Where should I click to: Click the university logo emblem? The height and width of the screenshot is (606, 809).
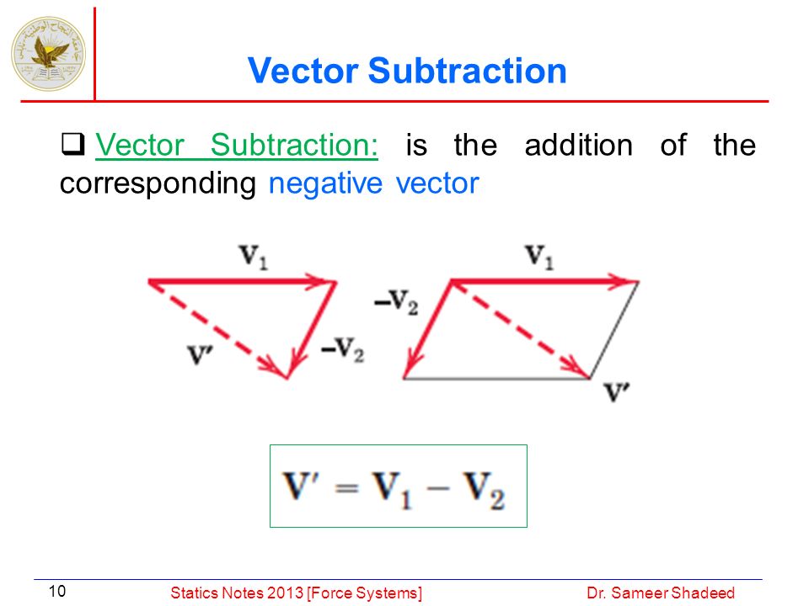pyautogui.click(x=49, y=54)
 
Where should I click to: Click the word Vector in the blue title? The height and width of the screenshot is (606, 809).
pyautogui.click(x=303, y=71)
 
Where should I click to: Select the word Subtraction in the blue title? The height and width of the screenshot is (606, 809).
pyautogui.click(x=468, y=71)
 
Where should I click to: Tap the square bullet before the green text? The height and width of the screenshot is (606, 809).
pyautogui.click(x=72, y=144)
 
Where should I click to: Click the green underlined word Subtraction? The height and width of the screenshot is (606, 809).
pyautogui.click(x=294, y=145)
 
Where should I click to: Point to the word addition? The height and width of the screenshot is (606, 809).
pyautogui.click(x=578, y=145)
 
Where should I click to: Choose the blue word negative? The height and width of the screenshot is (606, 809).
pyautogui.click(x=325, y=183)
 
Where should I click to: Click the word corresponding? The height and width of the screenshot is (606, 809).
pyautogui.click(x=158, y=184)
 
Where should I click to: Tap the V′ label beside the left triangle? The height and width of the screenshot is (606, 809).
pyautogui.click(x=201, y=354)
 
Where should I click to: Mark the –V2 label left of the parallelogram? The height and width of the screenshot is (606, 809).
pyautogui.click(x=396, y=302)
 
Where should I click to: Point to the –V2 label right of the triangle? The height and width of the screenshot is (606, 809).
pyautogui.click(x=343, y=349)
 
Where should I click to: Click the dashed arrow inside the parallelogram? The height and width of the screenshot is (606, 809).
pyautogui.click(x=520, y=329)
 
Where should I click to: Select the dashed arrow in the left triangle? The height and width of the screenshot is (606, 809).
pyautogui.click(x=217, y=330)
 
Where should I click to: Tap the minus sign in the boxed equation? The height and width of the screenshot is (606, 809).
pyautogui.click(x=437, y=487)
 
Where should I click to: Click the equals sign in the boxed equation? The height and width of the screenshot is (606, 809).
pyautogui.click(x=346, y=487)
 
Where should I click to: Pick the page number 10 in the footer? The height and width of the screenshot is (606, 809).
pyautogui.click(x=57, y=591)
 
